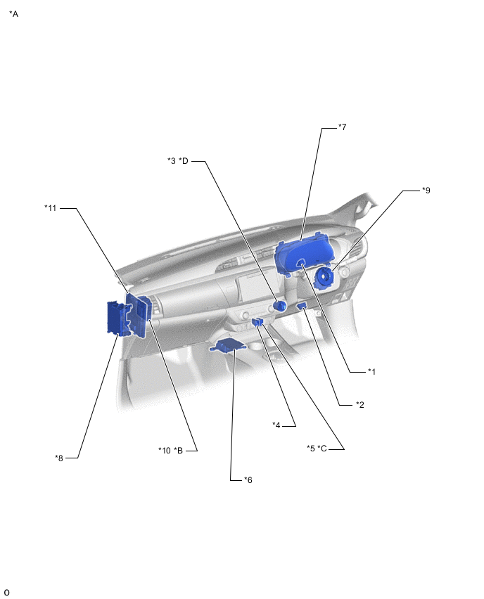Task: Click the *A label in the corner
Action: (x=14, y=14)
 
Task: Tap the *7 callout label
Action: (x=343, y=127)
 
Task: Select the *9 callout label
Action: (x=426, y=190)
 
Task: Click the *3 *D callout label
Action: (x=178, y=161)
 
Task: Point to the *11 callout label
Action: (x=51, y=208)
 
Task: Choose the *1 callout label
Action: (x=371, y=371)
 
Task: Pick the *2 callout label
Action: (x=360, y=404)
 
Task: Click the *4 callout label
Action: (x=276, y=425)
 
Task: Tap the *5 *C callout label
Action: (x=317, y=448)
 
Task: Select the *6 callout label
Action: (x=248, y=479)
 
